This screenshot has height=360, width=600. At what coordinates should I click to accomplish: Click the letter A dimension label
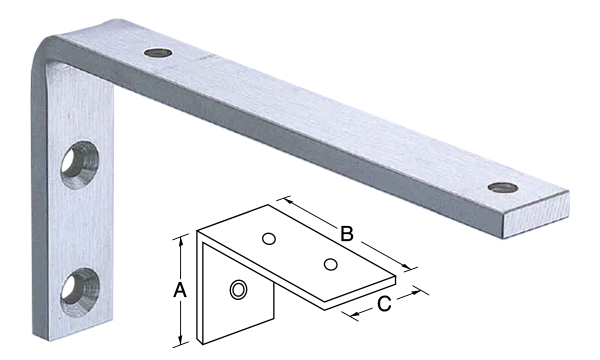179,290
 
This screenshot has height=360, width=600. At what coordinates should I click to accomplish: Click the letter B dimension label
347,234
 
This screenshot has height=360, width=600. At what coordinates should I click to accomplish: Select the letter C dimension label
384,304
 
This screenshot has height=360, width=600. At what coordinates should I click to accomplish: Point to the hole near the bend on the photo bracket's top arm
158,53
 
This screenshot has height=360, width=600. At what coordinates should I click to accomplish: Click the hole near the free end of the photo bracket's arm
504,187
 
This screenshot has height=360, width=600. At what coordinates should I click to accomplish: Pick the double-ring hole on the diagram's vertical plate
238,290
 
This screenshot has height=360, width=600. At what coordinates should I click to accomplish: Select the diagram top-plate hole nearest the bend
269,239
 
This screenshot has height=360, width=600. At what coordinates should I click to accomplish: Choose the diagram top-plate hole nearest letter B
330,264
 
